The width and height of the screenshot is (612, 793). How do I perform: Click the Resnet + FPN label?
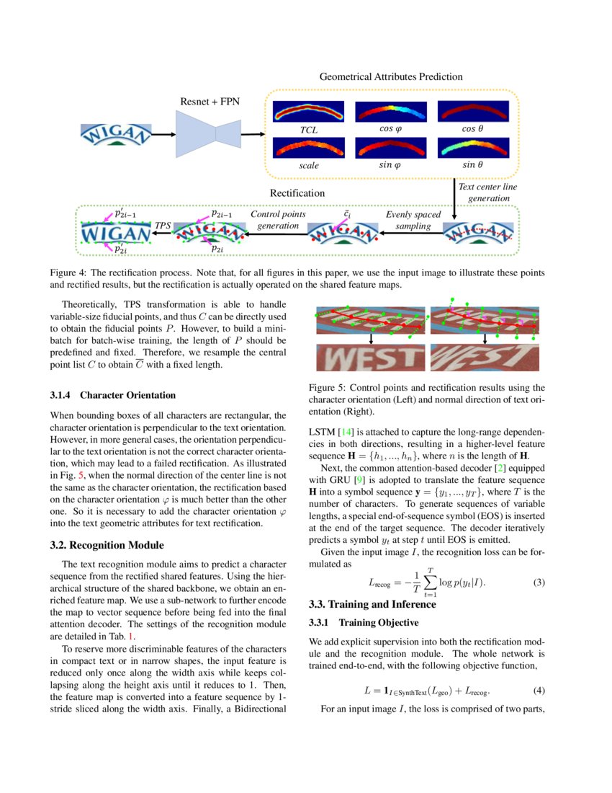pos(210,102)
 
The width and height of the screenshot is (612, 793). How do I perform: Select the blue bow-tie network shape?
pos(209,133)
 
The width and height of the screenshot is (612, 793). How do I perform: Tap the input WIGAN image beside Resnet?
pos(116,135)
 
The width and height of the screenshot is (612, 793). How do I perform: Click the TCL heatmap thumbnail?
pos(309,111)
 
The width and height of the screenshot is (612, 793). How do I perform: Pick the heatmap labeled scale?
pos(309,148)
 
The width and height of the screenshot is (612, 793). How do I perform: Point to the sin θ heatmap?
pos(472,148)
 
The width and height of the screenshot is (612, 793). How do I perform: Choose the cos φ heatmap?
pos(391,111)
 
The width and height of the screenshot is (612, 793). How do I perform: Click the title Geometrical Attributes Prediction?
pos(390,76)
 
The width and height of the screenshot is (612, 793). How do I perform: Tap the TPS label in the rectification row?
pos(163,226)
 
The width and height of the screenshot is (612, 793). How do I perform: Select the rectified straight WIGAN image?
pos(115,232)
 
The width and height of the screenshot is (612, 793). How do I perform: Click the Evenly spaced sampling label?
pos(413,220)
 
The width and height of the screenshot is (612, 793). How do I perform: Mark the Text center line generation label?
pos(487,192)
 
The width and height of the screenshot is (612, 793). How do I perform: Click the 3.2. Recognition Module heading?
pos(107,544)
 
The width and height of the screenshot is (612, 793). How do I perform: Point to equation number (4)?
pos(539,690)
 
